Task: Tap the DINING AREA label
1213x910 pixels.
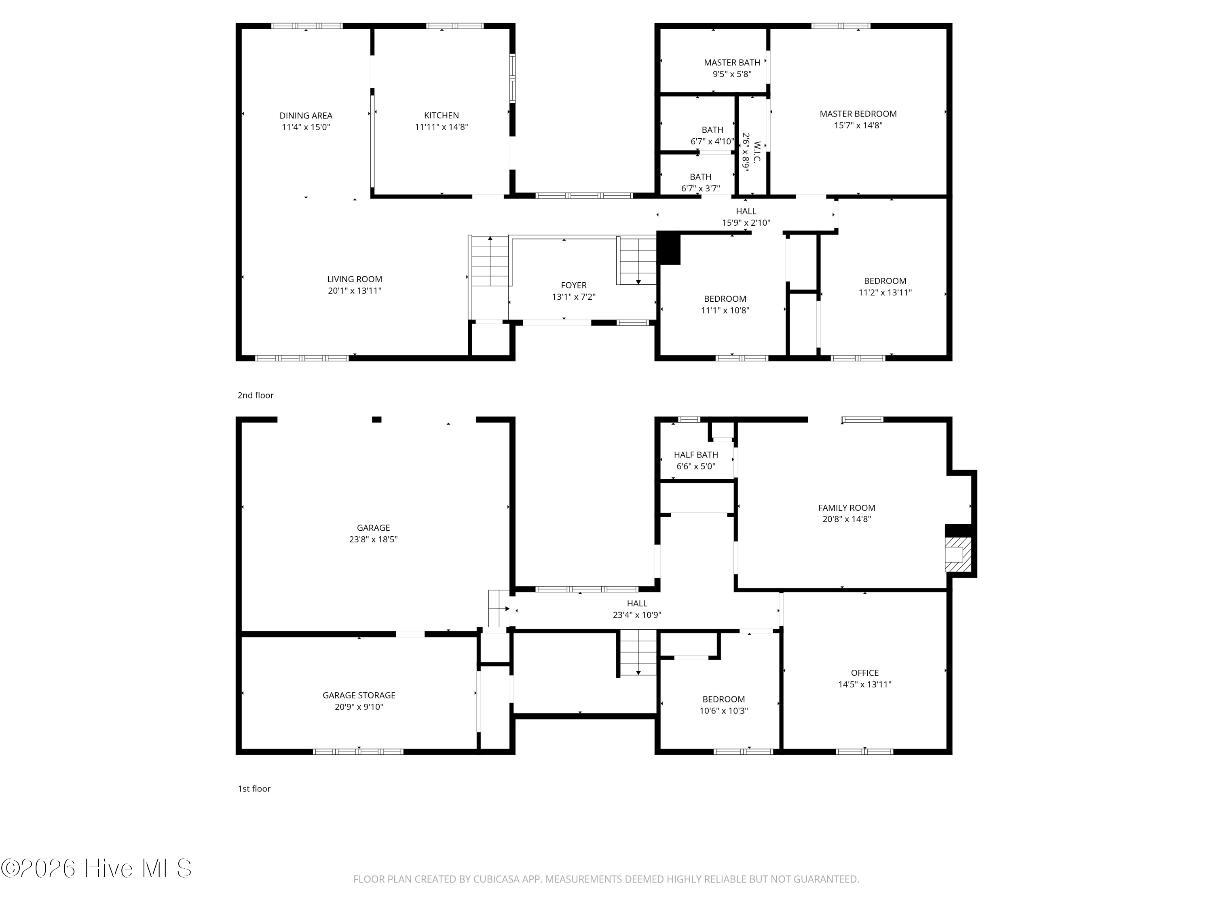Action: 306,115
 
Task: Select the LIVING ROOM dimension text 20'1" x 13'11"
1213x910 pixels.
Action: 355,291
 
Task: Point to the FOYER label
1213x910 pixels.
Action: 574,285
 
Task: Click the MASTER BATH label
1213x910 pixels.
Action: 732,63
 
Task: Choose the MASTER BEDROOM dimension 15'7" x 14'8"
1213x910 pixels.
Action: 858,125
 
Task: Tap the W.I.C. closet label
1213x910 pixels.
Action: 757,152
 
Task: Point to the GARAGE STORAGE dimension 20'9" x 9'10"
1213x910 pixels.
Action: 359,707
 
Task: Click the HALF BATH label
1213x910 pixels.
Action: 696,455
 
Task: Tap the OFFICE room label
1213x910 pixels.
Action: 865,673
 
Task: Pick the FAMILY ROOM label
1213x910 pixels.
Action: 847,508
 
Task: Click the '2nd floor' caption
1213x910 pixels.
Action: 256,395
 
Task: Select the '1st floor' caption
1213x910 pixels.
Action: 254,788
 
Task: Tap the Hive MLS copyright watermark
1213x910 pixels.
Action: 97,868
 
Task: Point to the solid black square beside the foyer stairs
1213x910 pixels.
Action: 668,248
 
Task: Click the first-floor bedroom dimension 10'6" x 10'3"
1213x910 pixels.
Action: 724,711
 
